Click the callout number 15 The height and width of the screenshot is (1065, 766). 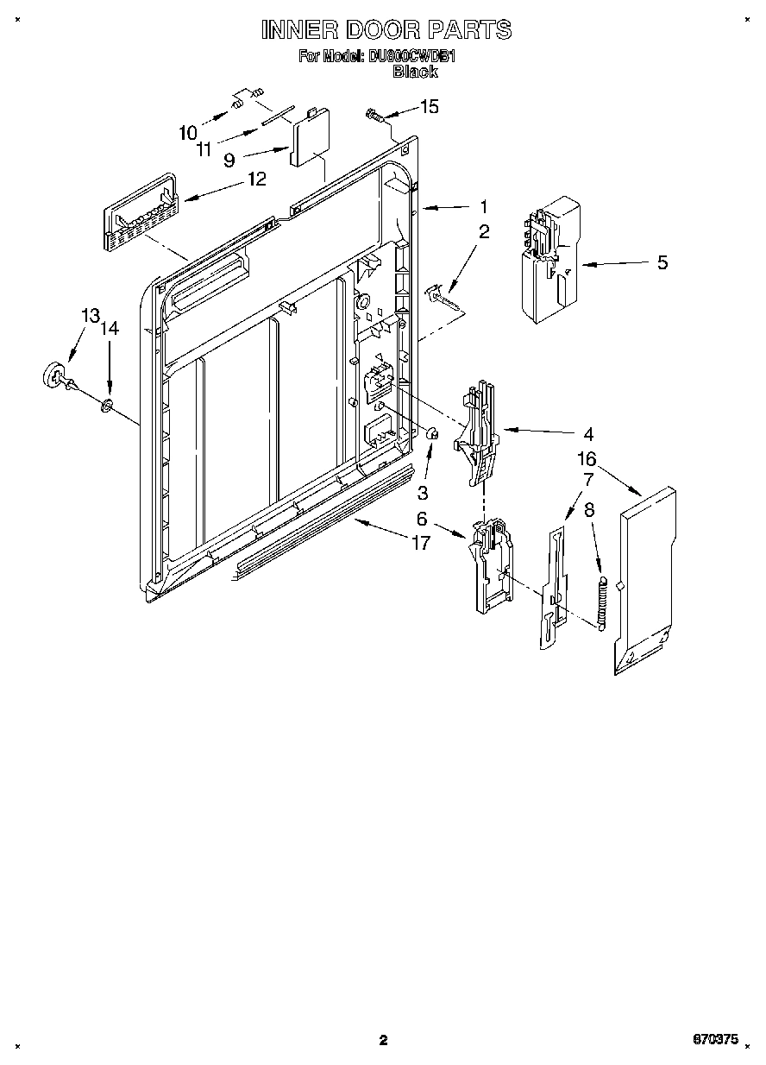429,106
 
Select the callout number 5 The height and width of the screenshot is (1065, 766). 662,262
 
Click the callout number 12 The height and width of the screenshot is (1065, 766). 256,179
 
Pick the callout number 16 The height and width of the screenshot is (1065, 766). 587,459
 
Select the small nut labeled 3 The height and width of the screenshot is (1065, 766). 433,434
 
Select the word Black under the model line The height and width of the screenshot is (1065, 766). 415,72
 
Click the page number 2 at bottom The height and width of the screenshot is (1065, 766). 384,1040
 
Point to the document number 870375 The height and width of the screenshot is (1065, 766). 715,1040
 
